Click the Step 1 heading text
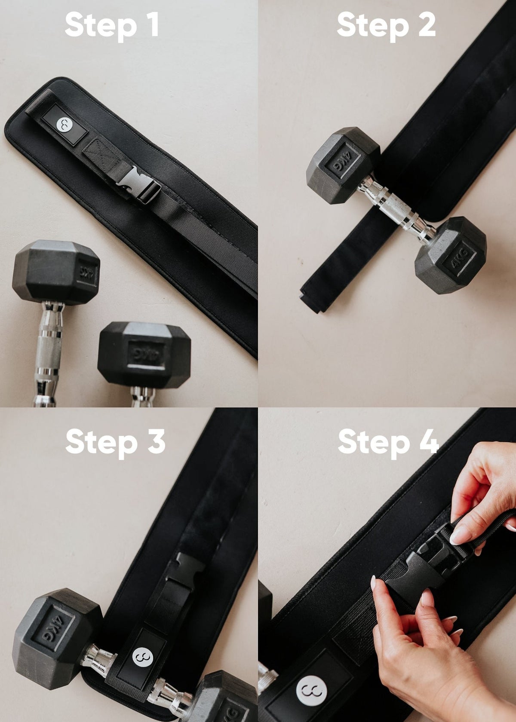point(112,25)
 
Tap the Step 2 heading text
point(386,25)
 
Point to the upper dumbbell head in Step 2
point(342,165)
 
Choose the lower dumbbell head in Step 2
point(451,255)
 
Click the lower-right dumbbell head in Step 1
point(144,354)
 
